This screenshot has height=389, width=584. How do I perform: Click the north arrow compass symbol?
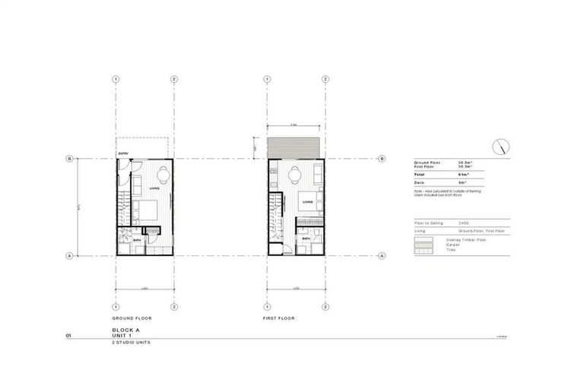(503, 146)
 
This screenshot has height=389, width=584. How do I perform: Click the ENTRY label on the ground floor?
(122, 156)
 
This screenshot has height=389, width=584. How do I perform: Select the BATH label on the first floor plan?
(305, 239)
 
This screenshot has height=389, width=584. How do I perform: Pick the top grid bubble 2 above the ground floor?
(174, 78)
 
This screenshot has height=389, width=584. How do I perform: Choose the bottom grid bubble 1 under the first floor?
(267, 306)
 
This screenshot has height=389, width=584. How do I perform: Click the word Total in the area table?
(419, 176)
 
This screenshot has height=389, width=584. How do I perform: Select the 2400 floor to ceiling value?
(463, 223)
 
